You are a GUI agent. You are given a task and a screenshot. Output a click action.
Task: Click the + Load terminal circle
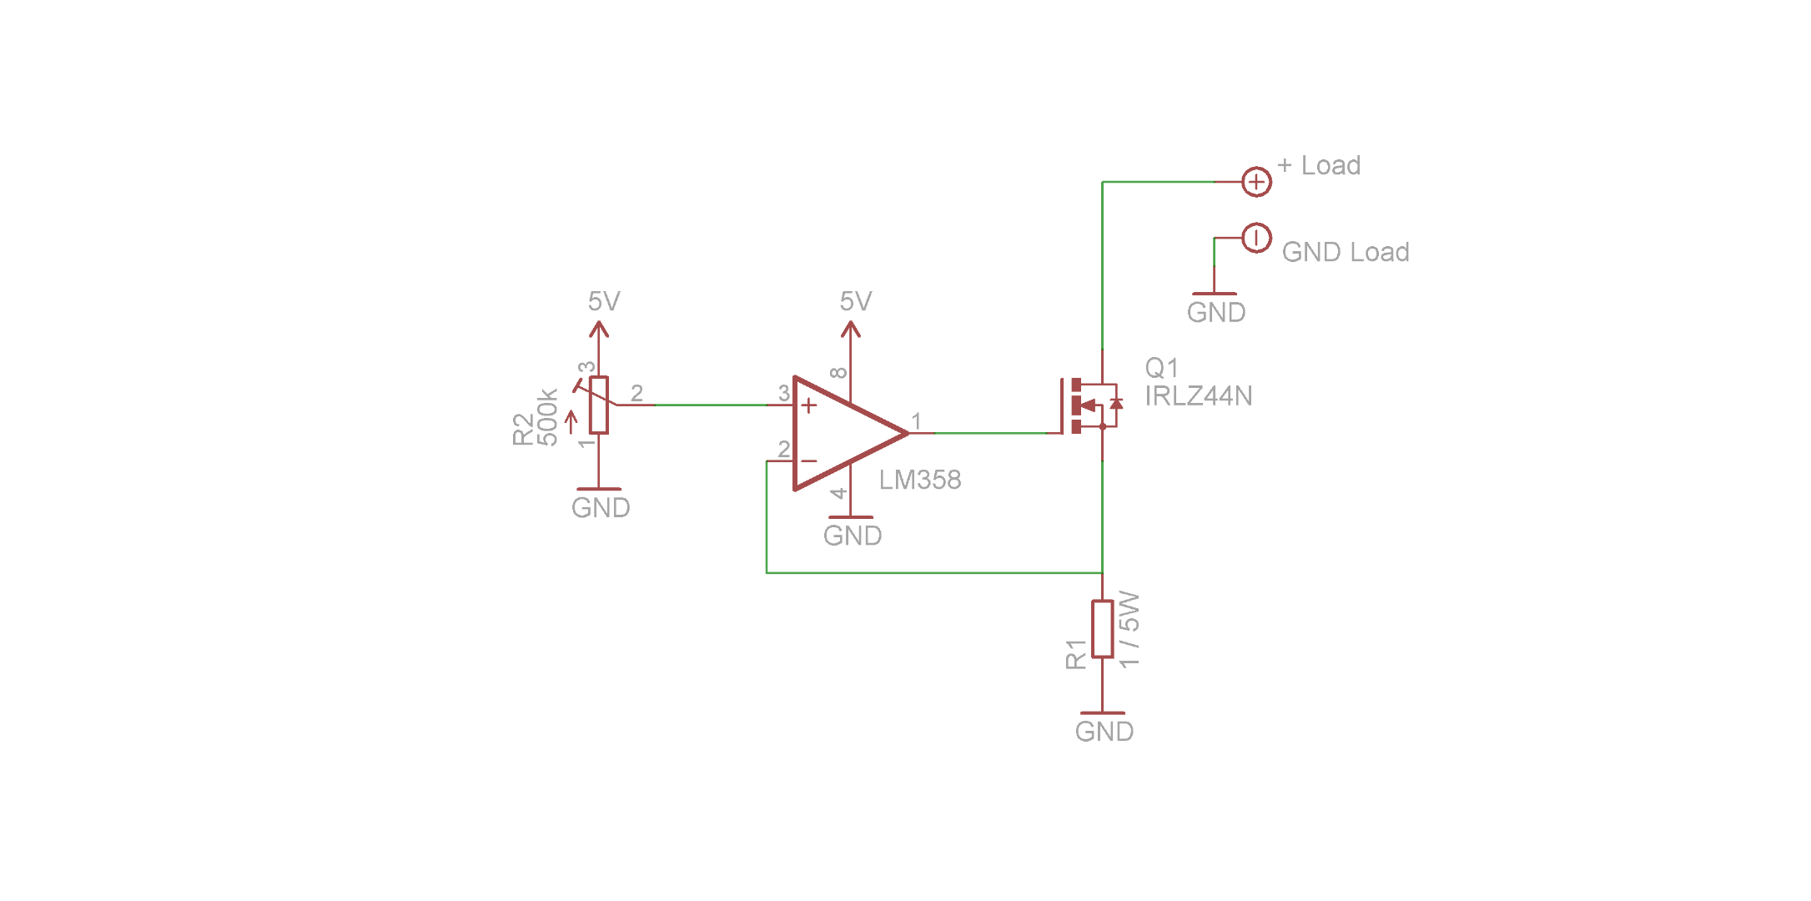coord(1256,181)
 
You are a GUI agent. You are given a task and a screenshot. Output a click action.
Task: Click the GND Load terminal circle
coord(1256,238)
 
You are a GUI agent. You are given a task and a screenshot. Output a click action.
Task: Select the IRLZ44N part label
coord(1198,395)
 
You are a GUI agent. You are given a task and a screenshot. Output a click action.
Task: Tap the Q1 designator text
coord(1161,368)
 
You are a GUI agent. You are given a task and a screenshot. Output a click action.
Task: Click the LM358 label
coord(920,480)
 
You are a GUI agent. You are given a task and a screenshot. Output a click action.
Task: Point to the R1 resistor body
coord(1103,629)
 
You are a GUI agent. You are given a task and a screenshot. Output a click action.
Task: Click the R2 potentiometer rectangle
coord(599,405)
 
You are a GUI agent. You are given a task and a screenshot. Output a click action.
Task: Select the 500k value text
coord(547,417)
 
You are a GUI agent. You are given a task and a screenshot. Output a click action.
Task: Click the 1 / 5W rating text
coord(1129,629)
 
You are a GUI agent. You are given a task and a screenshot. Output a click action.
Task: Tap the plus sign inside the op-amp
coord(808,406)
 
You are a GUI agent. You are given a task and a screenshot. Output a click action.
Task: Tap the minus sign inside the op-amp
coord(808,461)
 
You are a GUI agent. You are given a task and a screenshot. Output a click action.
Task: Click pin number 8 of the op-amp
coord(839,373)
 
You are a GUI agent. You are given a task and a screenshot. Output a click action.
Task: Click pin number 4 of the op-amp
coord(839,493)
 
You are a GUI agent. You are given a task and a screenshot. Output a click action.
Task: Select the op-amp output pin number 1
coord(916,421)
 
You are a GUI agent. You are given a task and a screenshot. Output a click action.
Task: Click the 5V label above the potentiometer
coord(604,301)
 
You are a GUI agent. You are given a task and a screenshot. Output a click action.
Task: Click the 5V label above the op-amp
coord(856,301)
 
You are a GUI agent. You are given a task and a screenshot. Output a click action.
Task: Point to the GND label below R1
coord(1104,732)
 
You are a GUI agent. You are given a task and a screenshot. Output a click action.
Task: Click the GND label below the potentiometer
coord(601,507)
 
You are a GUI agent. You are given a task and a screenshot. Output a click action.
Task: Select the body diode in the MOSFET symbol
coord(1116,405)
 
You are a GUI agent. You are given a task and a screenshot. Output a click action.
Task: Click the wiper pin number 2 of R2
coord(637,393)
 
